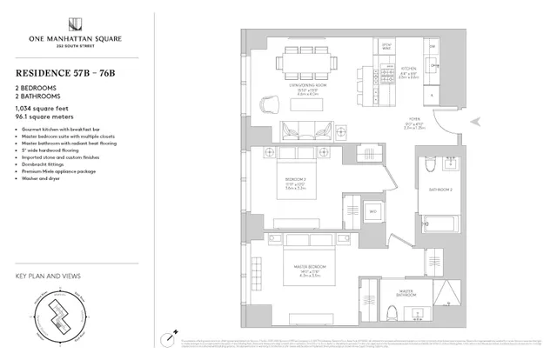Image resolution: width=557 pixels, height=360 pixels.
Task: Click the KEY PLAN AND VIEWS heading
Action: point(49,276)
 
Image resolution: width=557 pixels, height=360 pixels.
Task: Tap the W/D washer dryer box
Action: point(372,210)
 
